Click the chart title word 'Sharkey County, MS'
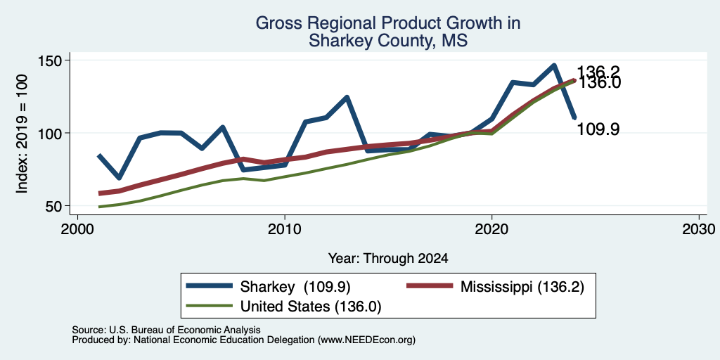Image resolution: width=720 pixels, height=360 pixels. click(x=388, y=40)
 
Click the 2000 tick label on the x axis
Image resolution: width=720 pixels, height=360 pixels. click(x=77, y=229)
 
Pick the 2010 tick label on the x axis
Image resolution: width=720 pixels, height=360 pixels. click(x=285, y=229)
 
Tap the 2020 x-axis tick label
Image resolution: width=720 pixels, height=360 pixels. click(x=491, y=229)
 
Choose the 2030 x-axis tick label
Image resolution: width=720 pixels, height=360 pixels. click(x=699, y=229)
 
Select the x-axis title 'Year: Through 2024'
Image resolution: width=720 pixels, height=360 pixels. click(x=388, y=259)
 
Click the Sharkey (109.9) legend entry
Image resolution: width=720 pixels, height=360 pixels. click(x=268, y=287)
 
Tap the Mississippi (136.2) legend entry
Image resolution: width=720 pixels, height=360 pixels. click(x=496, y=287)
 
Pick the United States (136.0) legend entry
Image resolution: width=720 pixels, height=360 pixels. click(x=283, y=307)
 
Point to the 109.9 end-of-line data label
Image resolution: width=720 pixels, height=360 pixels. click(x=598, y=129)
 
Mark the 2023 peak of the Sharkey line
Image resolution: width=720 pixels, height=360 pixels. click(x=554, y=65)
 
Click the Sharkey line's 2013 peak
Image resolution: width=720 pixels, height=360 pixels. click(x=347, y=97)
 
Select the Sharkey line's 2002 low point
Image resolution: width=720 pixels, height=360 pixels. click(x=120, y=178)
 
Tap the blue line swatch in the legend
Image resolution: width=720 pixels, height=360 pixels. click(x=209, y=286)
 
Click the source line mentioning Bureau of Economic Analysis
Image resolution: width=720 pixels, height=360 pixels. click(x=166, y=330)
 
